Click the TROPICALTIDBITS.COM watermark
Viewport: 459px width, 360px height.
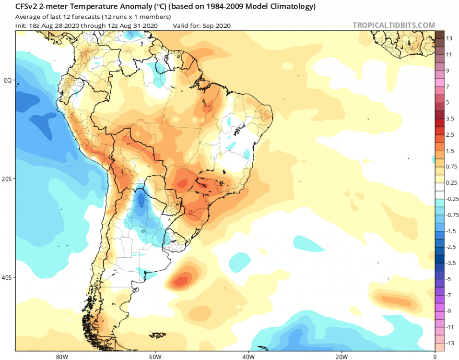[393, 25]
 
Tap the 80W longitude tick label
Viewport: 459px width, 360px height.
[60, 357]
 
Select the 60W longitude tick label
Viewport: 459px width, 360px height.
[154, 357]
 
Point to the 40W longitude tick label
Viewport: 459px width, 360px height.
[247, 357]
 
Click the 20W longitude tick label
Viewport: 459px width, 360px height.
[341, 357]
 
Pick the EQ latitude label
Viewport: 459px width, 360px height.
[7, 80]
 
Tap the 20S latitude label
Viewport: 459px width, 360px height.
[7, 179]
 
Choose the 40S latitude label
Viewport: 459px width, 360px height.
[7, 277]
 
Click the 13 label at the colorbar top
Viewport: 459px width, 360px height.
[449, 38]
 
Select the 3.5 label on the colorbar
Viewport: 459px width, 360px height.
[450, 118]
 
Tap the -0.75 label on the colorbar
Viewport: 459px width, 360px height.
[452, 215]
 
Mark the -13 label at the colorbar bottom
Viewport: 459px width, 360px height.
[450, 343]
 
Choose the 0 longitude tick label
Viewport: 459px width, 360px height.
[435, 357]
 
